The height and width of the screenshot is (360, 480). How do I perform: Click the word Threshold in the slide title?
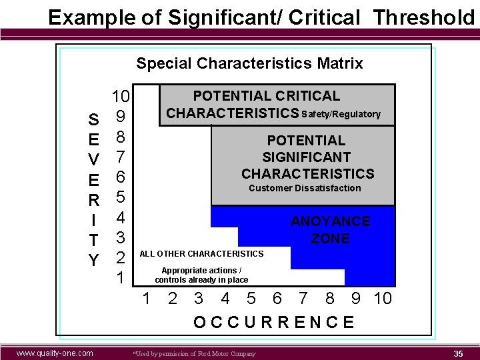pos(424,17)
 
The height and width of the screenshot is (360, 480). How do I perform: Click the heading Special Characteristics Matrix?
pos(249,63)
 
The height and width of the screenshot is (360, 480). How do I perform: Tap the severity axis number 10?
pos(121,97)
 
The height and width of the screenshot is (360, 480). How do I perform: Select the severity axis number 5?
pos(121,197)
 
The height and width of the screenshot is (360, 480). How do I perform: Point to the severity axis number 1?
pos(121,277)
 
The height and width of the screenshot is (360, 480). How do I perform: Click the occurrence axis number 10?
pos(383,298)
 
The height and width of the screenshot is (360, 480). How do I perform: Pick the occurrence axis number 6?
pos(277,298)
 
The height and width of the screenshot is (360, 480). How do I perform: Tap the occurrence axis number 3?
pos(199,298)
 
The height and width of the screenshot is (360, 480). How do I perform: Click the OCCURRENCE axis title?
pos(273,323)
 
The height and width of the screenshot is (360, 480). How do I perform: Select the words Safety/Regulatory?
pos(341,114)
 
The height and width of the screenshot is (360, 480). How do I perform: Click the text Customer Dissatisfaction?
pos(305,188)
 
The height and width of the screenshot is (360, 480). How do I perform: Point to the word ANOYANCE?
pos(330,221)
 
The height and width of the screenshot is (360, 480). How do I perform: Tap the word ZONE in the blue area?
pos(330,238)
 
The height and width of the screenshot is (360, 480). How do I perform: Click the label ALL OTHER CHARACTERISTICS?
pos(201,253)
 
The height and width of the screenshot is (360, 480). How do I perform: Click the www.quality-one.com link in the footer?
pos(55,353)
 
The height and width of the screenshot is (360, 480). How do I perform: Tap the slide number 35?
pos(458,353)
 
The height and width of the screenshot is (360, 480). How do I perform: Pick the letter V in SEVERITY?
pos(94,160)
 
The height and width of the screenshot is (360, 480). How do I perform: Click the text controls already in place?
pos(201,280)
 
